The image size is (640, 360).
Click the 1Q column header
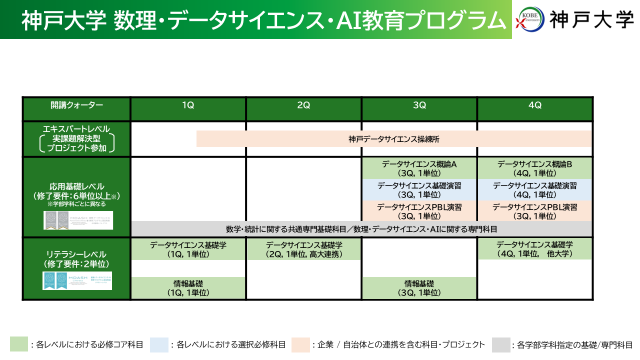click(188, 105)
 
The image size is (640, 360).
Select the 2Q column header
click(303, 105)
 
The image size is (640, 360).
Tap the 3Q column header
click(419, 105)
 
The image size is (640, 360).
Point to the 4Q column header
click(535, 105)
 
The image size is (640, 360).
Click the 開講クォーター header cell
click(76, 105)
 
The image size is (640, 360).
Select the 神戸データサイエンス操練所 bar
click(394, 139)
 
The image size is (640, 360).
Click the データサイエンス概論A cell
click(419, 168)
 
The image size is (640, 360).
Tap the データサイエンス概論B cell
click(534, 168)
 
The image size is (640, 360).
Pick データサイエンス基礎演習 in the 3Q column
click(419, 190)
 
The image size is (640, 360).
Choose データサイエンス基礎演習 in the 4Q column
click(534, 190)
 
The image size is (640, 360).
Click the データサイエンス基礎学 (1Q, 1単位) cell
click(188, 249)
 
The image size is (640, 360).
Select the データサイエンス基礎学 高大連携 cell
click(304, 249)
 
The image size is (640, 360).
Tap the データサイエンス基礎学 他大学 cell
click(534, 249)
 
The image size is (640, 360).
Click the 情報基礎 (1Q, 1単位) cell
click(188, 288)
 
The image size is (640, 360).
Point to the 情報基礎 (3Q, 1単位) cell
click(419, 288)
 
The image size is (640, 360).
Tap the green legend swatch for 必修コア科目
click(19, 344)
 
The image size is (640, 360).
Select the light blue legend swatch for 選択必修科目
click(158, 344)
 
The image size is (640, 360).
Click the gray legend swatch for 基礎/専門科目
click(500, 344)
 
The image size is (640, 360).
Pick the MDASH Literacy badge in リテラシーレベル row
click(77, 280)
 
